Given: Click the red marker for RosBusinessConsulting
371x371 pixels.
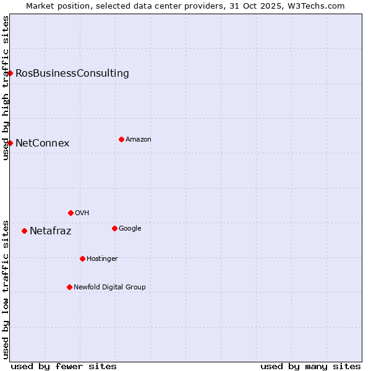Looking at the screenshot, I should pyautogui.click(x=10, y=73).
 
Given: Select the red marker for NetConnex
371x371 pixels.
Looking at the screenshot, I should pyautogui.click(x=10, y=143).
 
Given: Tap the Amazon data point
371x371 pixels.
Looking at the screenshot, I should pyautogui.click(x=121, y=139).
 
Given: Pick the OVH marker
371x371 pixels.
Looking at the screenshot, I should pyautogui.click(x=70, y=213).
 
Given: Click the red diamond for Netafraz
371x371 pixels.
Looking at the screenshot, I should pyautogui.click(x=24, y=231).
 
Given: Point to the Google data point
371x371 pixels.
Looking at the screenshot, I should pyautogui.click(x=114, y=228).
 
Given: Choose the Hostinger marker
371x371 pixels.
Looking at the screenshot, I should pyautogui.click(x=82, y=258).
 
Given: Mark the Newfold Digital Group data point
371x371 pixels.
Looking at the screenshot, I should pyautogui.click(x=69, y=287).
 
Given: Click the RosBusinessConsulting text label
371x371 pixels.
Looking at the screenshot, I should pyautogui.click(x=72, y=74).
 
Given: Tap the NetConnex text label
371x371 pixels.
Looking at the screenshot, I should pyautogui.click(x=42, y=143).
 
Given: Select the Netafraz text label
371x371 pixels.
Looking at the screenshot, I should pyautogui.click(x=50, y=231).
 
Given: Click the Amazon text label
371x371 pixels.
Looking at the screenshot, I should pyautogui.click(x=139, y=140).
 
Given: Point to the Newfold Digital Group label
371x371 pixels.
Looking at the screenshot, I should pyautogui.click(x=109, y=287).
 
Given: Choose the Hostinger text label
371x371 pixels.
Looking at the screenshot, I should pyautogui.click(x=102, y=258).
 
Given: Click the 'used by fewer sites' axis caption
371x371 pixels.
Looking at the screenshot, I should pyautogui.click(x=64, y=366).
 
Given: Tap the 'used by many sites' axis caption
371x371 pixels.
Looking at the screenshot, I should pyautogui.click(x=310, y=366).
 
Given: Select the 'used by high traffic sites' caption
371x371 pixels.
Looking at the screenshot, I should pyautogui.click(x=6, y=88).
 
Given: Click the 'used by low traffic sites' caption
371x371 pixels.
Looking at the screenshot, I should pyautogui.click(x=6, y=289).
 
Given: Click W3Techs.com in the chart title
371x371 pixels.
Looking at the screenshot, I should pyautogui.click(x=318, y=6).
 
